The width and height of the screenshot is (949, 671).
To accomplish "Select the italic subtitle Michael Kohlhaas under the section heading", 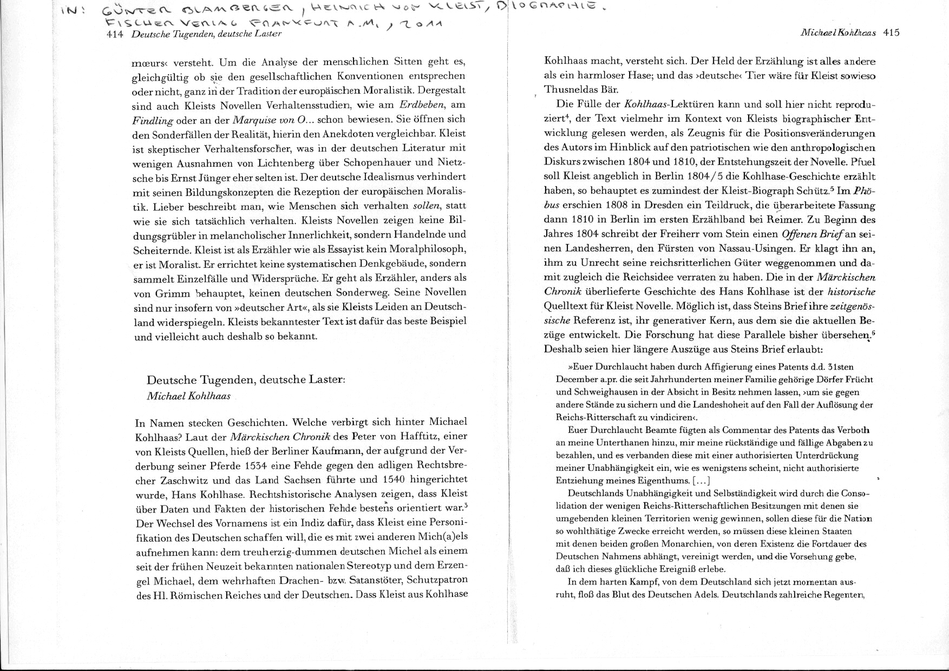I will [188, 396].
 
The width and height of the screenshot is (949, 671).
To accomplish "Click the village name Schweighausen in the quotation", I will [608, 392].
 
